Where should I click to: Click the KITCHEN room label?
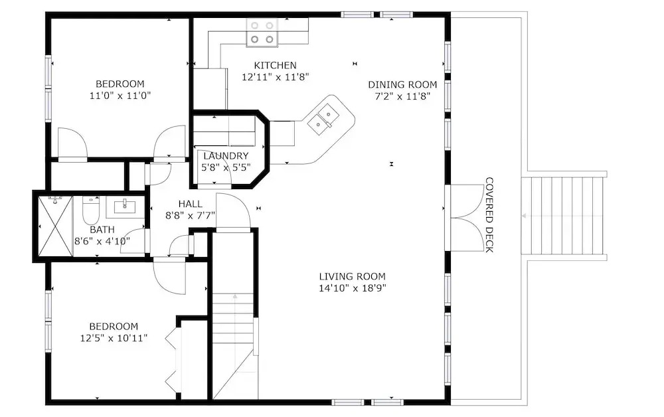(x=276, y=65)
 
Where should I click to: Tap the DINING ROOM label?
(x=402, y=85)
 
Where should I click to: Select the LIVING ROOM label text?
(x=353, y=276)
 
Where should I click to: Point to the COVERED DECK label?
(x=489, y=214)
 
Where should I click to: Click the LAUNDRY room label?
(x=226, y=156)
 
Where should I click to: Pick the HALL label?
(x=190, y=204)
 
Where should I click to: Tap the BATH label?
(x=102, y=230)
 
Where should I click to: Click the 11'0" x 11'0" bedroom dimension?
(x=120, y=95)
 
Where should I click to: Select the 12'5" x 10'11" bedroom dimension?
(x=114, y=338)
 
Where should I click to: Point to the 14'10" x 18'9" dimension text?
(x=353, y=288)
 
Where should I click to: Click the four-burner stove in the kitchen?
(x=262, y=33)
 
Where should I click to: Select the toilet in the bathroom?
(x=90, y=210)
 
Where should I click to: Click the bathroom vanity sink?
(x=125, y=206)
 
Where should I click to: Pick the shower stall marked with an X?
(x=56, y=226)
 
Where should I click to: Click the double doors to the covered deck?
(x=465, y=218)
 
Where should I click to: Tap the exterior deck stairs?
(x=563, y=216)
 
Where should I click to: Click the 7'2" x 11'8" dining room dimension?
(x=402, y=96)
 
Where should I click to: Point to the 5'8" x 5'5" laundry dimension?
(x=226, y=167)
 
